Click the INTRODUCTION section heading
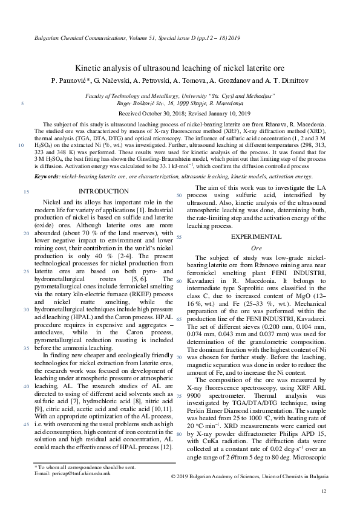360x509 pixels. coord(100,192)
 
